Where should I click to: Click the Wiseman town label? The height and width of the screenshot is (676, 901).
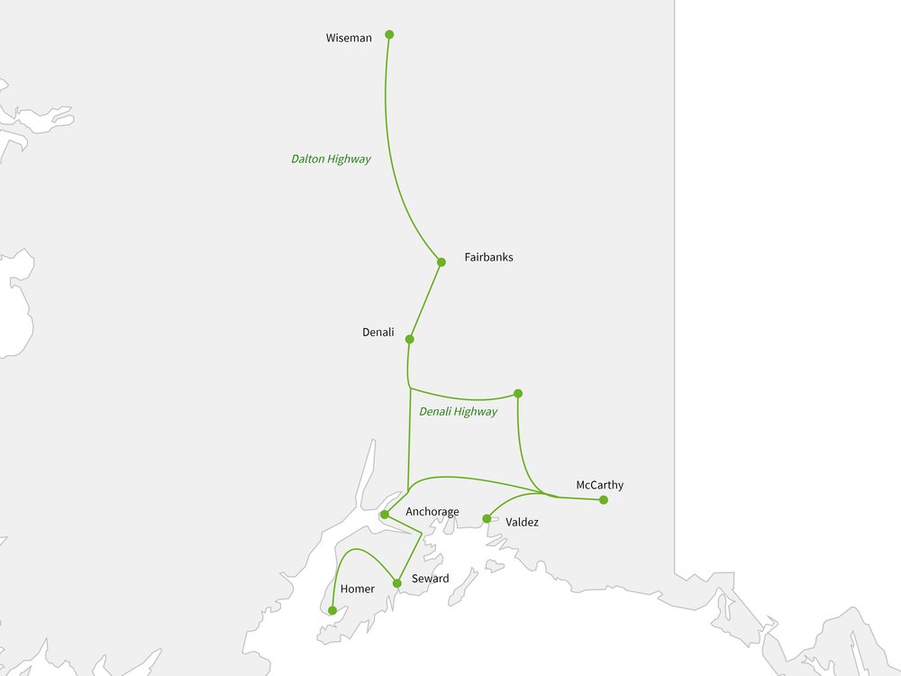349,38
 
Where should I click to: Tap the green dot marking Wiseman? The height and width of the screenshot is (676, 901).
389,34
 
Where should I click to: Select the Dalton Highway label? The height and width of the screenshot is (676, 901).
331,159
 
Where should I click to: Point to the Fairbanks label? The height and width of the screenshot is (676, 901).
488,257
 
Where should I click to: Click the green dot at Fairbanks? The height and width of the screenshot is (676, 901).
441,262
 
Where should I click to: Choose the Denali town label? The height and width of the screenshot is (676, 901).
378,332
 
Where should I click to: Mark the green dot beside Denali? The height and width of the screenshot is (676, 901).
410,340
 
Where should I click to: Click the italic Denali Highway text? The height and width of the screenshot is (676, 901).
458,412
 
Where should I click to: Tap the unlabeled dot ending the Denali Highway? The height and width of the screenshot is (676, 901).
517,393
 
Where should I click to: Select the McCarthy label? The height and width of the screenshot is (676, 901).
599,485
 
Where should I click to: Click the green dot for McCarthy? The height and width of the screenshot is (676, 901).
604,499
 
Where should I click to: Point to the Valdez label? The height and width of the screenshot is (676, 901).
523,522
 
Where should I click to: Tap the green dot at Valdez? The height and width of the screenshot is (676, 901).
487,518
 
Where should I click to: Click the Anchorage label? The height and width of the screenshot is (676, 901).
432,512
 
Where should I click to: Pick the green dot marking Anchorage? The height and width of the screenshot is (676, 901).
385,515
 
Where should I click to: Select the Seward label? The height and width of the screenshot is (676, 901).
430,579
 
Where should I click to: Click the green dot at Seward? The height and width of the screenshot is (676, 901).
396,583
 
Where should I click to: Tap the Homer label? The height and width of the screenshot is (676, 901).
357,589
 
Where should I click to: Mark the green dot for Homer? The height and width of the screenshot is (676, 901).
332,610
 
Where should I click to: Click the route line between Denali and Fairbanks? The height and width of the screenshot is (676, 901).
426,300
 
